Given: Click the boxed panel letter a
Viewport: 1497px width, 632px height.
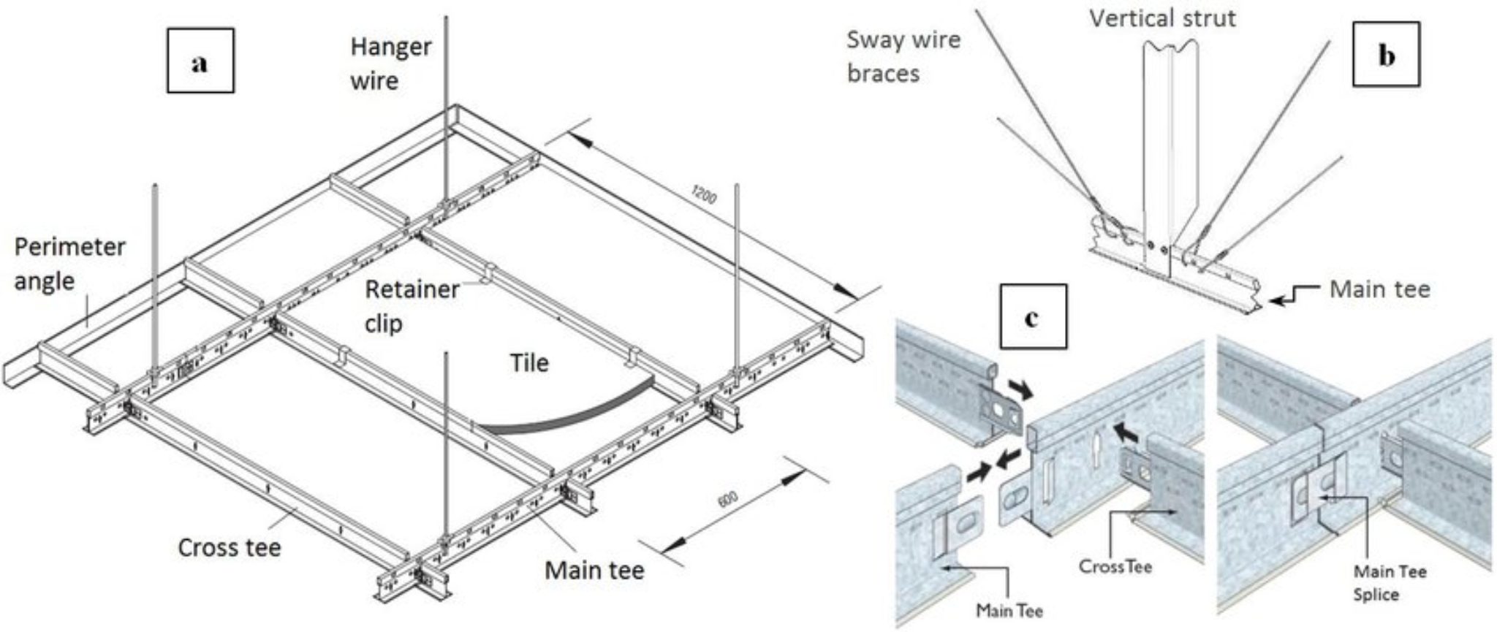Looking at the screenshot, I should [x=200, y=61].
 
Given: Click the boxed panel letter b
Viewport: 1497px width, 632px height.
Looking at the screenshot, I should [x=1386, y=55].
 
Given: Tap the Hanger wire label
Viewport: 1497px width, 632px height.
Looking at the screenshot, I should [x=390, y=64].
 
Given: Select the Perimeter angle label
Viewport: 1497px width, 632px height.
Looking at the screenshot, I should [x=69, y=264].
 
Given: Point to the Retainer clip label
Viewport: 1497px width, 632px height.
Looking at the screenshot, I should [x=412, y=305].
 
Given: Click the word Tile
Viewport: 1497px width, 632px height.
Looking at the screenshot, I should [x=529, y=363].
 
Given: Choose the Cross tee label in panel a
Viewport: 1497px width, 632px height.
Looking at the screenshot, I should [x=230, y=547].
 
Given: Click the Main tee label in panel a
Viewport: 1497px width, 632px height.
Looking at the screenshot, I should [x=594, y=570].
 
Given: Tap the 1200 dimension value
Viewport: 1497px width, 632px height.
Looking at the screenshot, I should [x=703, y=195].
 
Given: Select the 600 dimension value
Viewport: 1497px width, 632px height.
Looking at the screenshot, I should [x=727, y=500].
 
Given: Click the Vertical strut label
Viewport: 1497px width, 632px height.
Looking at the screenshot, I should [x=1162, y=18].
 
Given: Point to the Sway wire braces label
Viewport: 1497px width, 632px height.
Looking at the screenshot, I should [x=903, y=56].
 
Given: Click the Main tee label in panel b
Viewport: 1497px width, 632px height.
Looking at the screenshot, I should [x=1379, y=289].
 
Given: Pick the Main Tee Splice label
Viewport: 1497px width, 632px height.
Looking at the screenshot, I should [x=1389, y=582].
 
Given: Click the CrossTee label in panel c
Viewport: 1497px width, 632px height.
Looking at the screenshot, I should [x=1115, y=566].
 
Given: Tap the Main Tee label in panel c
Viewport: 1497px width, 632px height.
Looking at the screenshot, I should [x=1009, y=609].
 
